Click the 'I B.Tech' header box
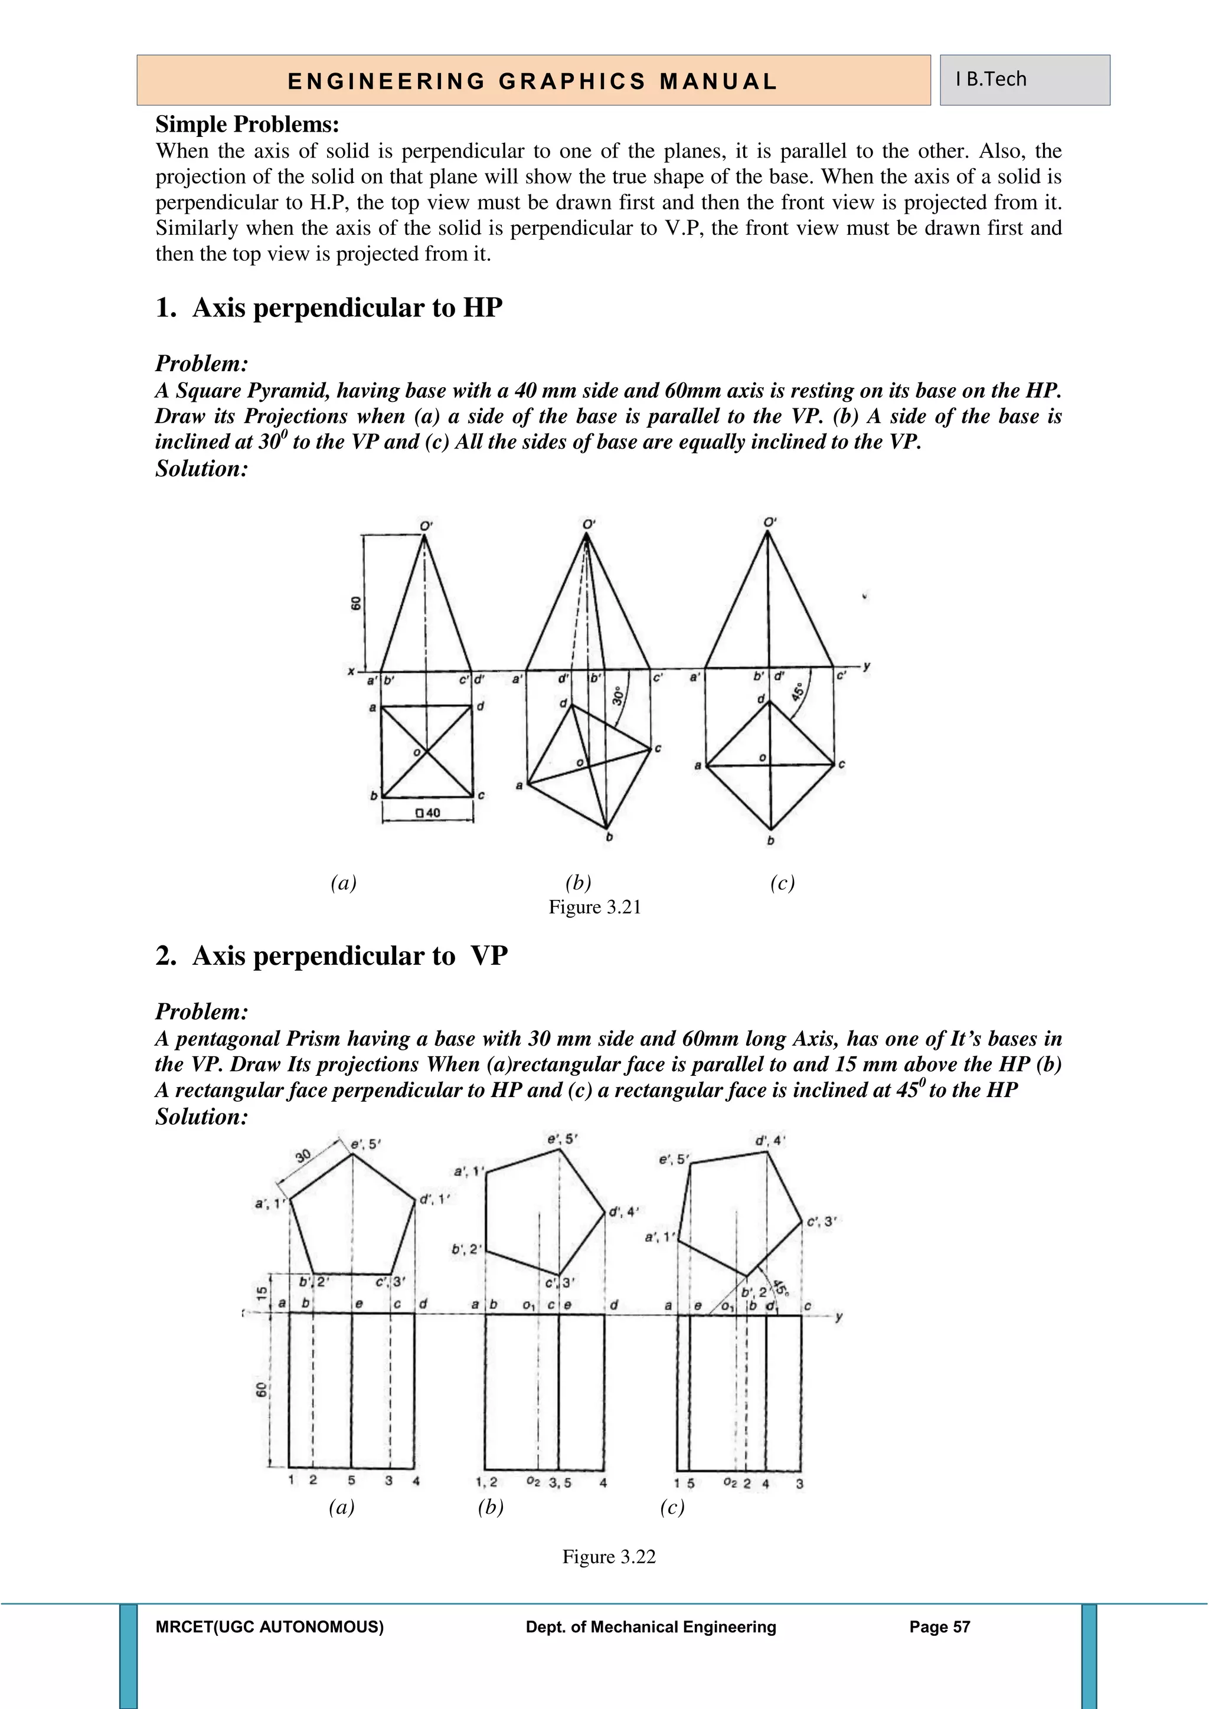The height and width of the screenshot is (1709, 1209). point(1024,80)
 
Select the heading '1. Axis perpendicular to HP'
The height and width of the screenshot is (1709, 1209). point(329,307)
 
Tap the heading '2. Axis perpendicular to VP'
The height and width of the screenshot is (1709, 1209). point(331,956)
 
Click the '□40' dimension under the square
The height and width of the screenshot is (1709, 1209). point(428,813)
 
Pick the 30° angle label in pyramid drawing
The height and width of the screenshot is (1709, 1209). point(618,695)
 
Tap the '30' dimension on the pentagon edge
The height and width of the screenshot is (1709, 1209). point(302,1156)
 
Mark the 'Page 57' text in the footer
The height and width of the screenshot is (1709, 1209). point(939,1627)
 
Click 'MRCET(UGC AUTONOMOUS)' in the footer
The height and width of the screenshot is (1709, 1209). point(270,1627)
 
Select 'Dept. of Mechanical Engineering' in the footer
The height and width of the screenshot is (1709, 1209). point(651,1627)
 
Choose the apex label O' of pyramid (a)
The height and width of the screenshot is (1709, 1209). point(426,525)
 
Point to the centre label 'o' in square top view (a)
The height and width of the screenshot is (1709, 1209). point(417,753)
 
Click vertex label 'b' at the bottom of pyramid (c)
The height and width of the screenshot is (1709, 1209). point(770,840)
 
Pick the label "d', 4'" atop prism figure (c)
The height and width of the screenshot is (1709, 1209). point(770,1140)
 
